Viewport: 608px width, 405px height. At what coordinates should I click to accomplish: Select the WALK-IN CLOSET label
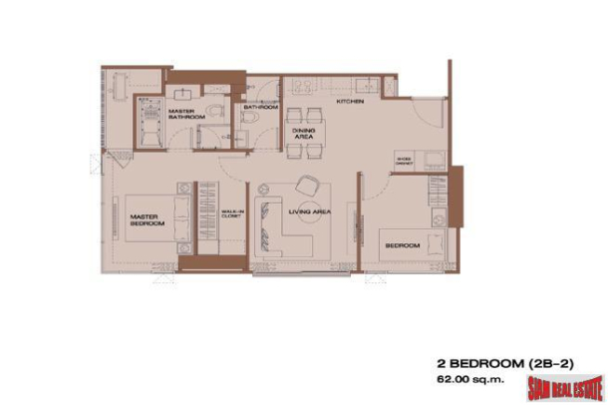click(x=230, y=214)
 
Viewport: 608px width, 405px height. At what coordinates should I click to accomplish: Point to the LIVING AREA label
click(x=309, y=212)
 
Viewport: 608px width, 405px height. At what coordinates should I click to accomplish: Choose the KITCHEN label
click(x=349, y=102)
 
